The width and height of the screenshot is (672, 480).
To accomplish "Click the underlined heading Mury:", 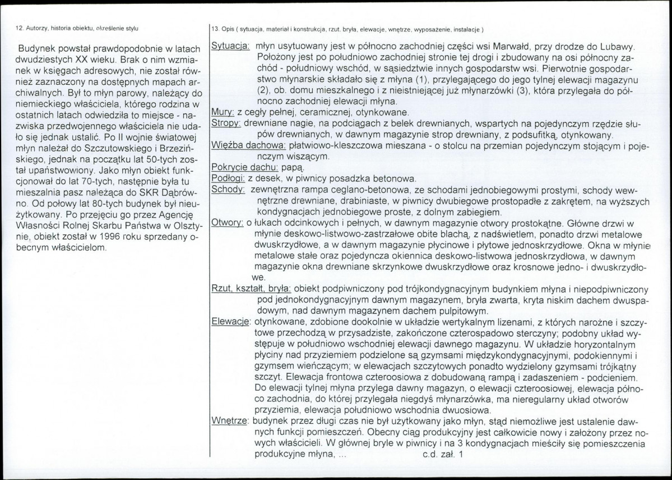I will coord(223,112).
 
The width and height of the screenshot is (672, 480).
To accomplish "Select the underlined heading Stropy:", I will coord(226,123).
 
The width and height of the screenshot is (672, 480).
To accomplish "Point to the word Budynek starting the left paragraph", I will coord(38,49).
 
